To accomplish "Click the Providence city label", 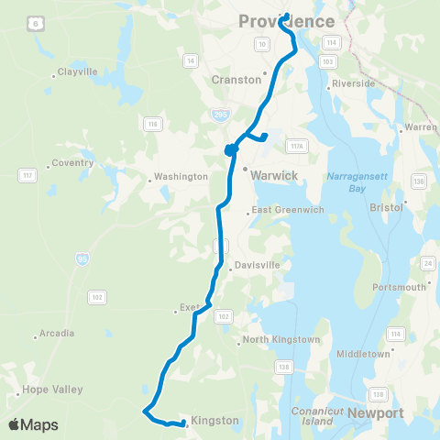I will (287, 20).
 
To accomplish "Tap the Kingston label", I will (214, 420).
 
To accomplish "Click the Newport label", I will (376, 413).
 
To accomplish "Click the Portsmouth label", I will (401, 287).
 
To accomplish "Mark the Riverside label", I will (356, 83).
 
